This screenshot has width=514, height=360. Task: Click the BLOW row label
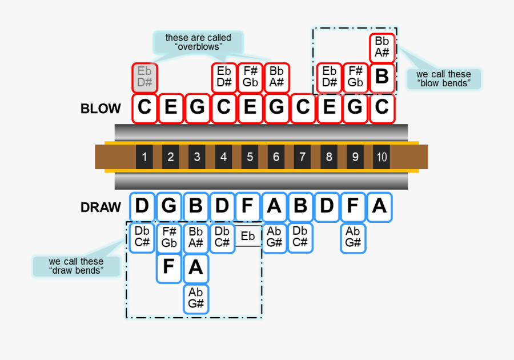click(101, 109)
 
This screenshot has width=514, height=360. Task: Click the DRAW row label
click(101, 207)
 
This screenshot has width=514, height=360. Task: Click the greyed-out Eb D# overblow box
click(144, 78)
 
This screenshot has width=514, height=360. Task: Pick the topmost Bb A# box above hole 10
click(382, 47)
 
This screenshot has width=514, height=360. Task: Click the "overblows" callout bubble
click(198, 42)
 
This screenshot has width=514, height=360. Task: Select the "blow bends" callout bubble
click(444, 78)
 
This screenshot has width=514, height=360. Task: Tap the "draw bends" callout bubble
click(76, 266)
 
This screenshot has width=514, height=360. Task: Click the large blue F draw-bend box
click(168, 267)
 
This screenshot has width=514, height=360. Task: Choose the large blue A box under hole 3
click(196, 267)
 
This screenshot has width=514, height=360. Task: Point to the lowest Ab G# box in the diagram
click(196, 298)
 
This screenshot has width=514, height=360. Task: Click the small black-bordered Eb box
click(248, 237)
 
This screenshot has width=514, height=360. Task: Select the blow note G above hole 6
click(276, 108)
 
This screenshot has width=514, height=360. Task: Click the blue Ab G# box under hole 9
click(353, 237)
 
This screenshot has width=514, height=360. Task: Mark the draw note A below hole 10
click(379, 206)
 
